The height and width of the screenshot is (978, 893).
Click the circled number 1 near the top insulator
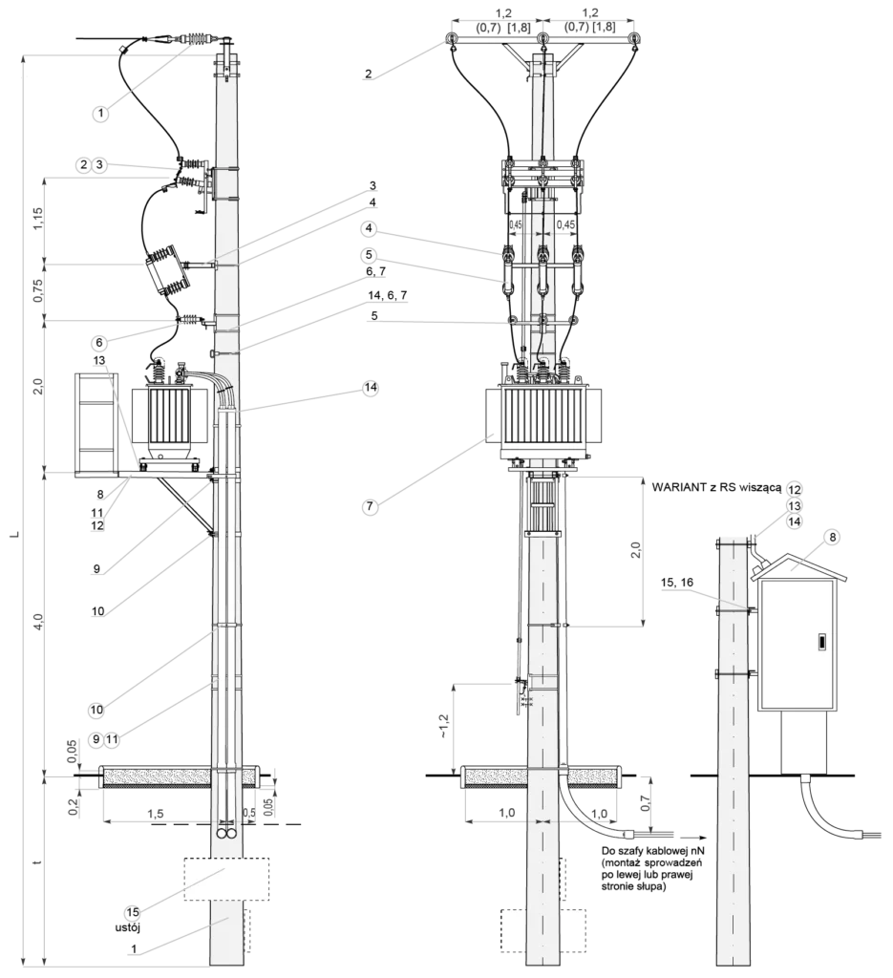(99, 114)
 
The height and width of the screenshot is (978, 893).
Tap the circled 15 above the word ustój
(133, 912)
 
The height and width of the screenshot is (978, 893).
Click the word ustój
(128, 927)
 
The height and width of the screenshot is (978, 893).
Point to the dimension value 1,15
(38, 219)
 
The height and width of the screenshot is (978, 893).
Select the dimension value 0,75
(38, 290)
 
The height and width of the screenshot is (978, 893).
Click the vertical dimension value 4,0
(38, 621)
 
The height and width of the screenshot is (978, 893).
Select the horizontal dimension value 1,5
(156, 814)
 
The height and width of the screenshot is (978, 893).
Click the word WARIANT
(677, 487)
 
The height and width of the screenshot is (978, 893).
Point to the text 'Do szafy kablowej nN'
(648, 851)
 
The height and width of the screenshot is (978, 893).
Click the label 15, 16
(676, 583)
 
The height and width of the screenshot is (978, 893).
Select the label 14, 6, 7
(388, 294)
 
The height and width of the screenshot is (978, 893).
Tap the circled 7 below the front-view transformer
(370, 506)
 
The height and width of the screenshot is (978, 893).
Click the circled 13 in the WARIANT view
(794, 505)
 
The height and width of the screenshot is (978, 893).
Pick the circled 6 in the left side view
(98, 343)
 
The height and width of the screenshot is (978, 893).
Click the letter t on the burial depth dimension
(38, 862)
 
